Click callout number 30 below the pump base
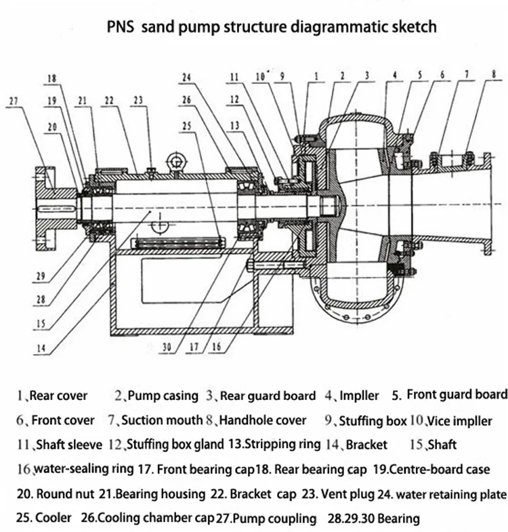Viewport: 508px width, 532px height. (x=167, y=349)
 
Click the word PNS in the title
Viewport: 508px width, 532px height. (x=122, y=27)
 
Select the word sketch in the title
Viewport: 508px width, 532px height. (x=411, y=27)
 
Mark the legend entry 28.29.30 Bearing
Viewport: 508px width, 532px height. (x=375, y=518)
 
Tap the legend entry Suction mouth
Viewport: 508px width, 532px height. (x=162, y=420)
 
